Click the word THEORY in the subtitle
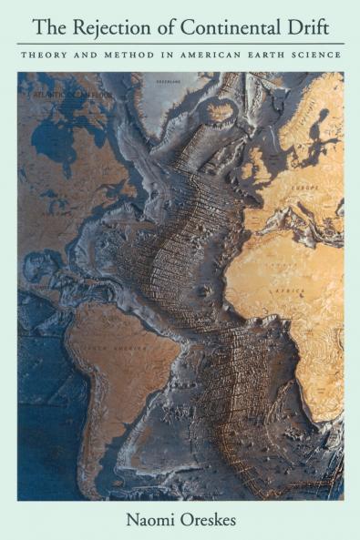[x=46, y=55]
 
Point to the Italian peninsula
[x=310, y=219]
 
